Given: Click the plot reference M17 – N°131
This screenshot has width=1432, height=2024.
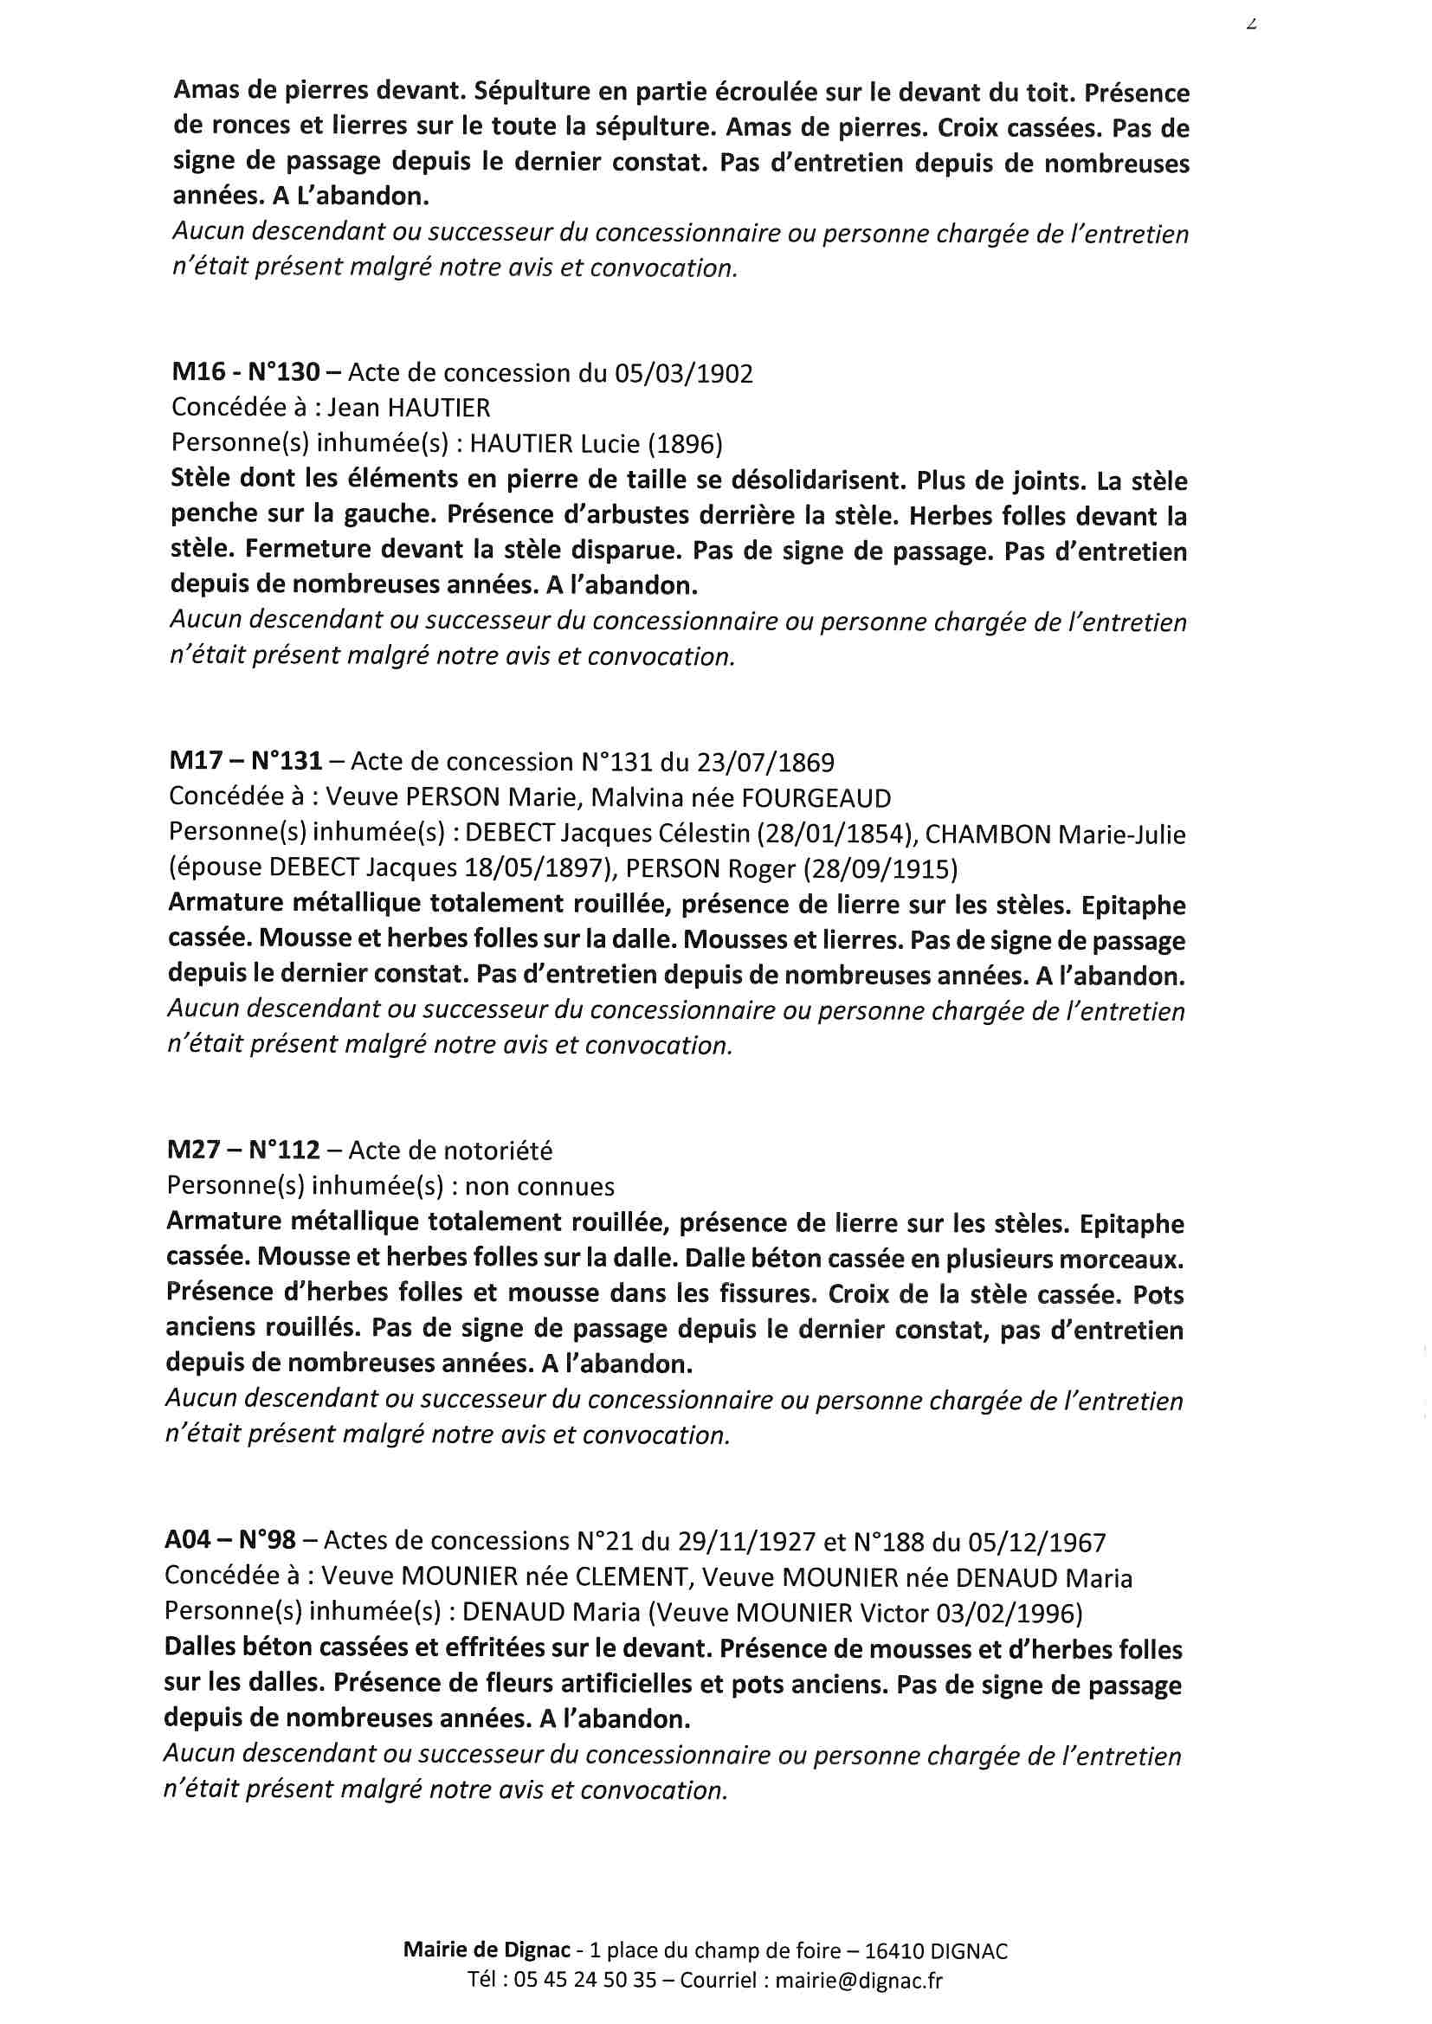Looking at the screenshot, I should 246,761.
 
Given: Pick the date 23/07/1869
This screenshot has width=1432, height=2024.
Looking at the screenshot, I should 765,762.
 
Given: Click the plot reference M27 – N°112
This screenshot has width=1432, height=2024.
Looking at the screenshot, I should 246,1151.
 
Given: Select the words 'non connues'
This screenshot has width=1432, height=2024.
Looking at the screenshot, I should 539,1187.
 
